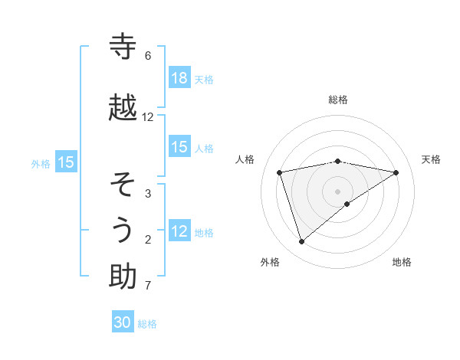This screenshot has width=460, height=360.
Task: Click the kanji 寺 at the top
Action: click(123, 47)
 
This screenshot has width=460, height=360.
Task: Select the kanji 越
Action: click(123, 109)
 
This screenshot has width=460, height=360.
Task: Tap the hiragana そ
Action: click(123, 185)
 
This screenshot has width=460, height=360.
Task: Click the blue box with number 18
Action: click(179, 78)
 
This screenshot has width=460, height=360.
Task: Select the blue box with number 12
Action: click(179, 231)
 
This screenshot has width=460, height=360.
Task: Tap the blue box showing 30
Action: click(123, 322)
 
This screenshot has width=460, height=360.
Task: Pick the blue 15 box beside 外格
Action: click(66, 162)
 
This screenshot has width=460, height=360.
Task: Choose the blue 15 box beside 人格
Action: click(179, 147)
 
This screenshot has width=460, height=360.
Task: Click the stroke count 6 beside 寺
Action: click(148, 56)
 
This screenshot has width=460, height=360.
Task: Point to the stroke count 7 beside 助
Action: click(148, 286)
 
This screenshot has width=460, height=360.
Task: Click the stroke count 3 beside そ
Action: click(148, 194)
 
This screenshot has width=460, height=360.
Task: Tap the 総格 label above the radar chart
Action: click(338, 100)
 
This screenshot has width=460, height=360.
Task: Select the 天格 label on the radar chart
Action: click(431, 159)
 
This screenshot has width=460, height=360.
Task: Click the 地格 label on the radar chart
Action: click(402, 262)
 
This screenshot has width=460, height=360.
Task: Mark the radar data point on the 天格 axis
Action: click(396, 172)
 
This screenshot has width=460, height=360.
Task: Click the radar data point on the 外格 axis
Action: click(301, 241)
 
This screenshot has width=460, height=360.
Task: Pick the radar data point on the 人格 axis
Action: click(279, 172)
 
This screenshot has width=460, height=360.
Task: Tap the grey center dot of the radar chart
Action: click(337, 191)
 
